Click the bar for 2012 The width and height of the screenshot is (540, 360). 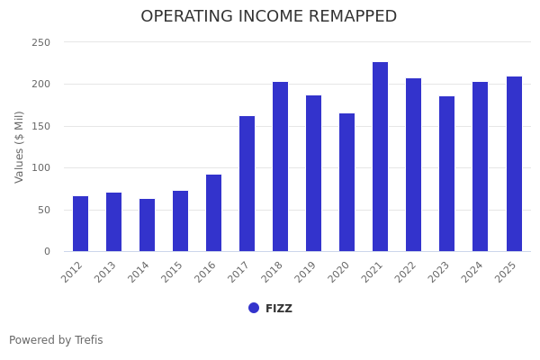point(81,224)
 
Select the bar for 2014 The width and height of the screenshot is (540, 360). point(148,225)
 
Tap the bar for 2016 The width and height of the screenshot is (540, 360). point(214,213)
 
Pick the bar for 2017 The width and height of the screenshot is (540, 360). point(247,184)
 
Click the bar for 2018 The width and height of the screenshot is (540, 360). point(281,166)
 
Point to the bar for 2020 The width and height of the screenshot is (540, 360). point(347,183)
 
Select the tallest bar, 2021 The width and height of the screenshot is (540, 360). point(381,157)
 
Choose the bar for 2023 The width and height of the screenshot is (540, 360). point(447,174)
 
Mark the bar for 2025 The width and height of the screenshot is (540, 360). point(514,164)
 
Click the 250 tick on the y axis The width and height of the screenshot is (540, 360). point(41,42)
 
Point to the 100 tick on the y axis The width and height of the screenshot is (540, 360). point(41,168)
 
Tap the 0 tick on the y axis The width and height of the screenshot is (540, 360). point(47,252)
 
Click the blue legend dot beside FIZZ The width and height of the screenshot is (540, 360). point(254,308)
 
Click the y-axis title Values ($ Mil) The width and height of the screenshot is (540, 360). point(20,147)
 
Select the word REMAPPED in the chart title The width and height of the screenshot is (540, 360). point(345,17)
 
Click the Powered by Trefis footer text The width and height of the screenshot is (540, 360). point(56,340)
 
